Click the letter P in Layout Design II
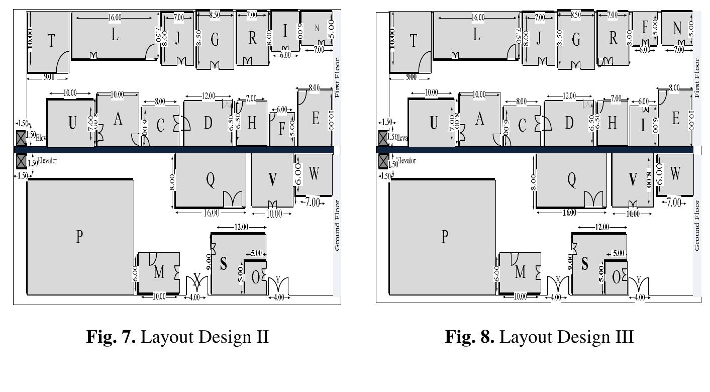(x=79, y=236)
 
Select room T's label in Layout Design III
(x=414, y=41)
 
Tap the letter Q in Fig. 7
(x=211, y=179)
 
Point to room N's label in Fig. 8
(x=677, y=28)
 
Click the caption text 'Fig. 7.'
(x=111, y=336)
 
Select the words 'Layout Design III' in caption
(x=567, y=336)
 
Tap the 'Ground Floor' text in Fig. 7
(x=337, y=225)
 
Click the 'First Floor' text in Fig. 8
(x=697, y=78)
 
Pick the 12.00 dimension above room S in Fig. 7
(x=241, y=227)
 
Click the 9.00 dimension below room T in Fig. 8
(x=411, y=77)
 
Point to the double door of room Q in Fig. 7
(x=233, y=199)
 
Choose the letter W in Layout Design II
(x=314, y=174)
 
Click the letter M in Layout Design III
(x=520, y=272)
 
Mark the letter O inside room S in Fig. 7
(x=255, y=277)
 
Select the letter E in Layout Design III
(x=675, y=119)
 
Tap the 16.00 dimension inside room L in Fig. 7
(x=115, y=18)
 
